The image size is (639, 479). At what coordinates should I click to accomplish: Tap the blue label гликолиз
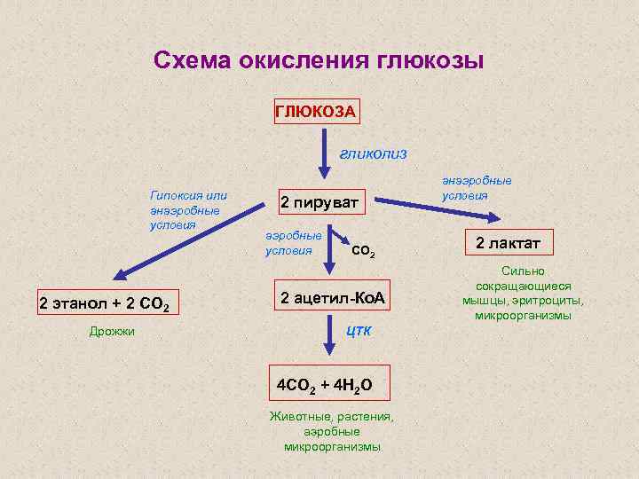(373, 153)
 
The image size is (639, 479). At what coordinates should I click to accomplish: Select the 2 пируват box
(319, 203)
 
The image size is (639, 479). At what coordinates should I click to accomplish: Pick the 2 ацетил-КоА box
(332, 297)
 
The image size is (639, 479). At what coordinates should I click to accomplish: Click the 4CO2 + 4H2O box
(327, 385)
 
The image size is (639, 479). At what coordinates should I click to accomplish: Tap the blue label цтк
(359, 331)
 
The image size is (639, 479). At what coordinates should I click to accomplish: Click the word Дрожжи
(112, 332)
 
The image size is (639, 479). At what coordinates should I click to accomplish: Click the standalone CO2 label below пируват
(364, 253)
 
